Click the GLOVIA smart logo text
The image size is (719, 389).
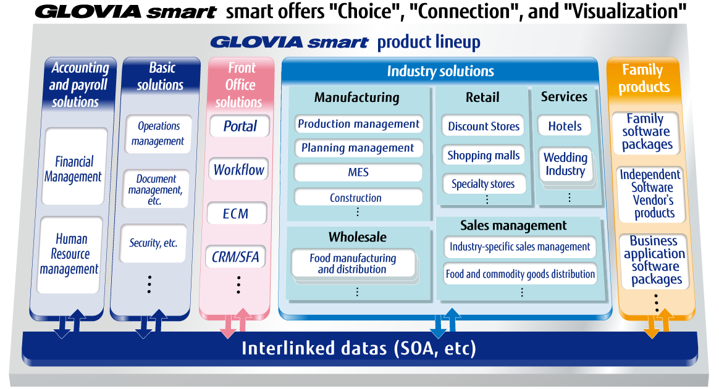tap(288, 43)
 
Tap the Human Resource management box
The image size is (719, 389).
tap(70, 254)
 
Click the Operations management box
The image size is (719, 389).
tap(158, 133)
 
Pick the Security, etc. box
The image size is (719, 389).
tap(153, 243)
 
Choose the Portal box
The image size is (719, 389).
tap(239, 127)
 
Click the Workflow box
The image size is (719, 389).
tap(239, 170)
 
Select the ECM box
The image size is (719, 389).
tap(236, 214)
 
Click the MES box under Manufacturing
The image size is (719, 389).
tap(358, 173)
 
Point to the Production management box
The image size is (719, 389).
tap(358, 124)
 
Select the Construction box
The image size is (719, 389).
tap(356, 198)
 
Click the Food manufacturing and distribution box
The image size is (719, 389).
tap(353, 264)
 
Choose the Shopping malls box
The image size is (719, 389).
tap(483, 156)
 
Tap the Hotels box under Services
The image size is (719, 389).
tap(565, 126)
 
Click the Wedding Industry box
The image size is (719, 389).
tap(565, 164)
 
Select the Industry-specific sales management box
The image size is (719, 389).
tap(519, 247)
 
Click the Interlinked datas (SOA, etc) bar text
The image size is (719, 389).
tap(358, 348)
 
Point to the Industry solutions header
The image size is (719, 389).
tap(440, 71)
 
